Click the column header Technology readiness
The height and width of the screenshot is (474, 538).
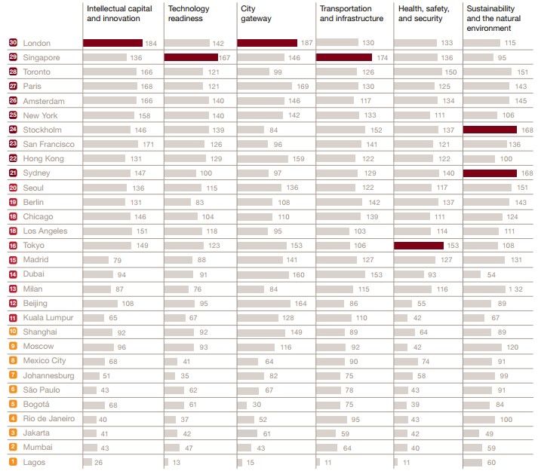[189, 14]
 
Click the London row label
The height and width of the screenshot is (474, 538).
[37, 44]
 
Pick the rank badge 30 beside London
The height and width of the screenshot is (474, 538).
[14, 44]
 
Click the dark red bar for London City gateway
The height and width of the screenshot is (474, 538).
[267, 44]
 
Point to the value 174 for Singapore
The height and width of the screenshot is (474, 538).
[382, 58]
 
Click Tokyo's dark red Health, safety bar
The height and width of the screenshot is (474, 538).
[419, 246]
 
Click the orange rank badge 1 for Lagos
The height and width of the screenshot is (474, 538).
[14, 462]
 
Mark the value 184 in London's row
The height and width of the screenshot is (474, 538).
[152, 44]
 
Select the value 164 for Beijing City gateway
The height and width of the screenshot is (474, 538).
[300, 304]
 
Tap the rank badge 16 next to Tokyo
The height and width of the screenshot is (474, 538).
[14, 246]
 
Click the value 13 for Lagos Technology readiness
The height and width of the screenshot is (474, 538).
[176, 462]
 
